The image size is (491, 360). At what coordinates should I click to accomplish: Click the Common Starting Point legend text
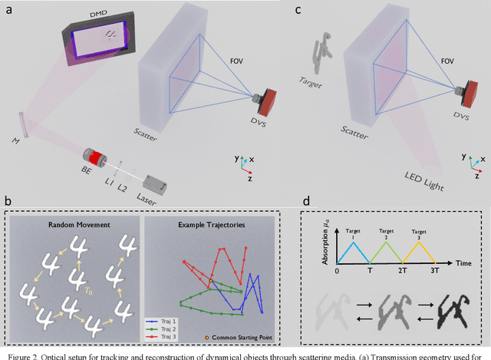247,339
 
